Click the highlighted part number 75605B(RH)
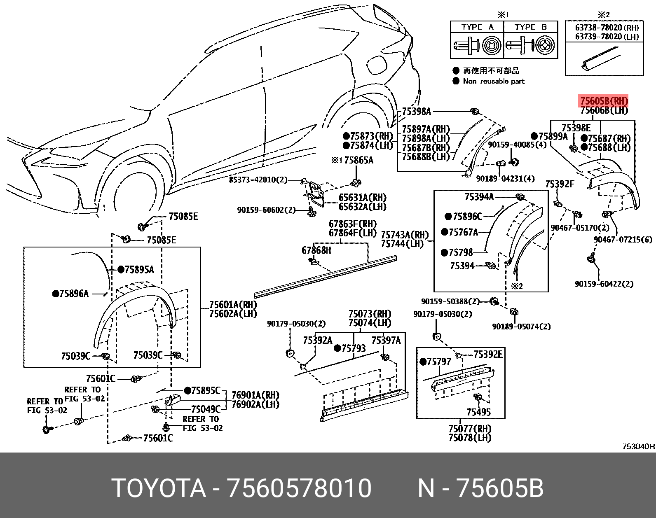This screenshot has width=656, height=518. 604,101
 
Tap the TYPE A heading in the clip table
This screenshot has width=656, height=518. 477,27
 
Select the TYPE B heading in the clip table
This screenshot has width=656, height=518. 531,27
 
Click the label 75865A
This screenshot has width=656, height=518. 358,160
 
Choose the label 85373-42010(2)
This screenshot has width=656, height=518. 258,180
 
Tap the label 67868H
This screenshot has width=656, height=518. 316,250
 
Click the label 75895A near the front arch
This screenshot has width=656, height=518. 139,270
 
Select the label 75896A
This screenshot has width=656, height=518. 74,294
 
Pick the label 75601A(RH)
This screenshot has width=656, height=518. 233,305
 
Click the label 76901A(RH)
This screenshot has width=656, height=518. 255,395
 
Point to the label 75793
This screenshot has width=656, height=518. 353,348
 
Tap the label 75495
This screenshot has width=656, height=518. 478,412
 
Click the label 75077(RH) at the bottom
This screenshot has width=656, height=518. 470,429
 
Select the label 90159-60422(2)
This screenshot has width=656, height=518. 604,284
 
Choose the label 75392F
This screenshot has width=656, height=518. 559,184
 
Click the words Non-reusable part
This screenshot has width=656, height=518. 494,81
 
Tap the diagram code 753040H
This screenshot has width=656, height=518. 638,446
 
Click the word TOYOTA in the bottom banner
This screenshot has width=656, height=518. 159,488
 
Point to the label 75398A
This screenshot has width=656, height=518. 416,111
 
